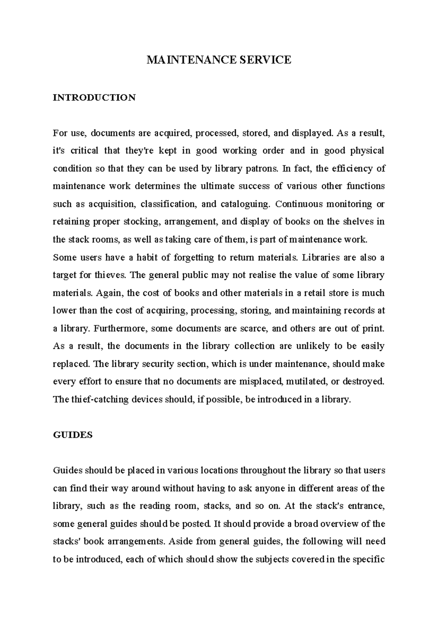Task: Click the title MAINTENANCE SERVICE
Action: pyautogui.click(x=219, y=60)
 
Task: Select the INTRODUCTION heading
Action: pyautogui.click(x=94, y=98)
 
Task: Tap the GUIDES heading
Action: pyautogui.click(x=73, y=435)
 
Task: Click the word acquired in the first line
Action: pyautogui.click(x=173, y=133)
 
